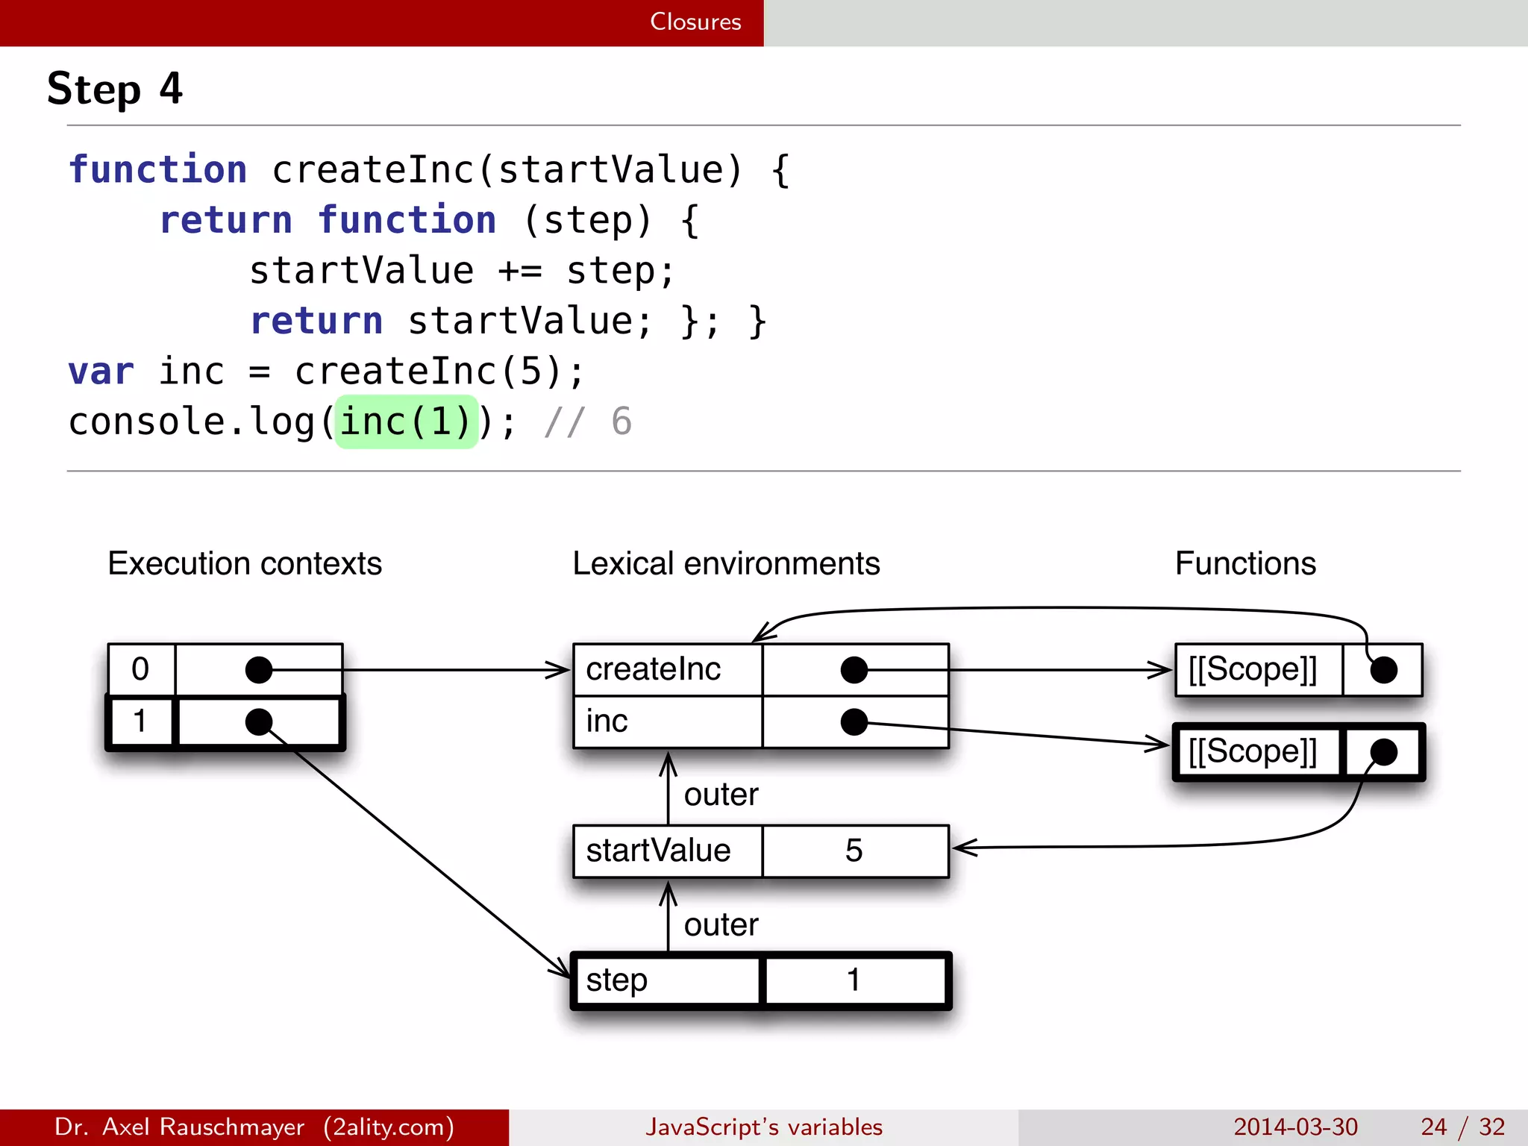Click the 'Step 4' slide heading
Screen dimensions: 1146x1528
click(114, 89)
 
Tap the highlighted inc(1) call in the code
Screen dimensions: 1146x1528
click(406, 422)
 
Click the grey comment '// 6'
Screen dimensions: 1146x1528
click(588, 422)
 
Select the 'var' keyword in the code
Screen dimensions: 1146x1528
click(101, 372)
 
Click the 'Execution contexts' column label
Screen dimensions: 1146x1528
click(244, 563)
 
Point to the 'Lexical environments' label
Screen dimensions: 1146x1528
click(725, 563)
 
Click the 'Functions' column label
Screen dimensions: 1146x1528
click(1244, 563)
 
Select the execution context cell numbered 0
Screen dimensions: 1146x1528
click(140, 669)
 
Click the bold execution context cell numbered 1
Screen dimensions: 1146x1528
click(140, 721)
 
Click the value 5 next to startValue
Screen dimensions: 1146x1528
click(854, 851)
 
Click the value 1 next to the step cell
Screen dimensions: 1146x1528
click(854, 980)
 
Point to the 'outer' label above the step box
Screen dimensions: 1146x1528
click(721, 925)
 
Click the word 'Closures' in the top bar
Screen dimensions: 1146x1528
click(695, 22)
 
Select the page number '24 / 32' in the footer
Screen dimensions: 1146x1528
click(1462, 1127)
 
